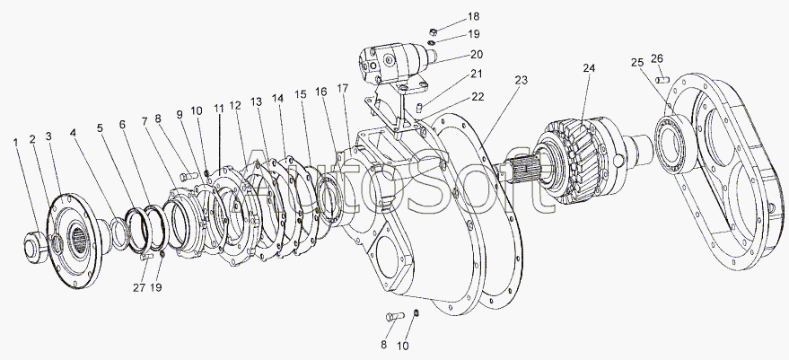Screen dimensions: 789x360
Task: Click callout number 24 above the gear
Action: coord(589,68)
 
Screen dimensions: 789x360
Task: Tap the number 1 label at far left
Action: coord(15,143)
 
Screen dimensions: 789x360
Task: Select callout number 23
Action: coord(522,80)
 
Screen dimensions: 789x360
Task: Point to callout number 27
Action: coord(139,287)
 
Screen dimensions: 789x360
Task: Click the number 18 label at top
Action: coord(474,17)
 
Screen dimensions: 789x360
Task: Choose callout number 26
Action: coord(657,58)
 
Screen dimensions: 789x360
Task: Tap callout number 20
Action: coord(477,55)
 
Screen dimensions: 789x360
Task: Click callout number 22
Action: coord(478,97)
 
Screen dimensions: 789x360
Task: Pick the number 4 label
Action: coord(74,134)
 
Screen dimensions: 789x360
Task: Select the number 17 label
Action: coord(343,88)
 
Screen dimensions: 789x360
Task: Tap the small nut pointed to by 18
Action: coord(433,31)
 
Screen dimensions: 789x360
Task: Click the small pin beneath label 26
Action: coord(662,80)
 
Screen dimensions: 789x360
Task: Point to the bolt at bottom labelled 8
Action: coord(395,316)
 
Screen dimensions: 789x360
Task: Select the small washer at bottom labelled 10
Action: coord(416,313)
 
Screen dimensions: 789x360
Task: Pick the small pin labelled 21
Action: coord(419,107)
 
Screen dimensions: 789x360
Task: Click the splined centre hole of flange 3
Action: coord(79,238)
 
